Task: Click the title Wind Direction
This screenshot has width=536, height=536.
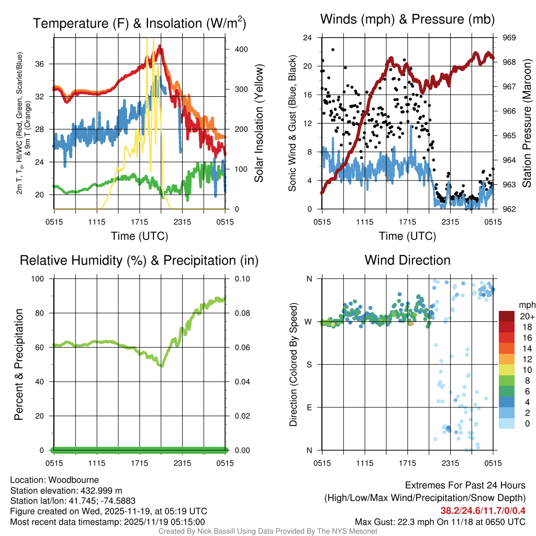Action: tap(407, 260)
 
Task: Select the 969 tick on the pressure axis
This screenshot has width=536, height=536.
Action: tap(509, 38)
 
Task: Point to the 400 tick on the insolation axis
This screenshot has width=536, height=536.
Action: tap(241, 49)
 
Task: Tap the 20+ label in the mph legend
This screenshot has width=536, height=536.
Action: tap(527, 316)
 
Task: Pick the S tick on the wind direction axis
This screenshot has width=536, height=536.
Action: tap(309, 364)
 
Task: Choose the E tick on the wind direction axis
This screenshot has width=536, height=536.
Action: tap(309, 407)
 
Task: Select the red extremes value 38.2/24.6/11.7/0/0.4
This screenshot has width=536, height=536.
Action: tap(483, 510)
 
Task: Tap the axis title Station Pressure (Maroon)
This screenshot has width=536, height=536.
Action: tap(527, 123)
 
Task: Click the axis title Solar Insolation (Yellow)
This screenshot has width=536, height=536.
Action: tap(259, 123)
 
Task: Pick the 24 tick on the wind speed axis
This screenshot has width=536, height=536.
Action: tap(308, 38)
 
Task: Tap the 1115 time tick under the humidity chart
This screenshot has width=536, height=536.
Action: tap(97, 463)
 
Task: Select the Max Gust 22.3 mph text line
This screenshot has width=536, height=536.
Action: tap(440, 521)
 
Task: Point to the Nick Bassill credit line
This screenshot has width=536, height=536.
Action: tap(267, 531)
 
